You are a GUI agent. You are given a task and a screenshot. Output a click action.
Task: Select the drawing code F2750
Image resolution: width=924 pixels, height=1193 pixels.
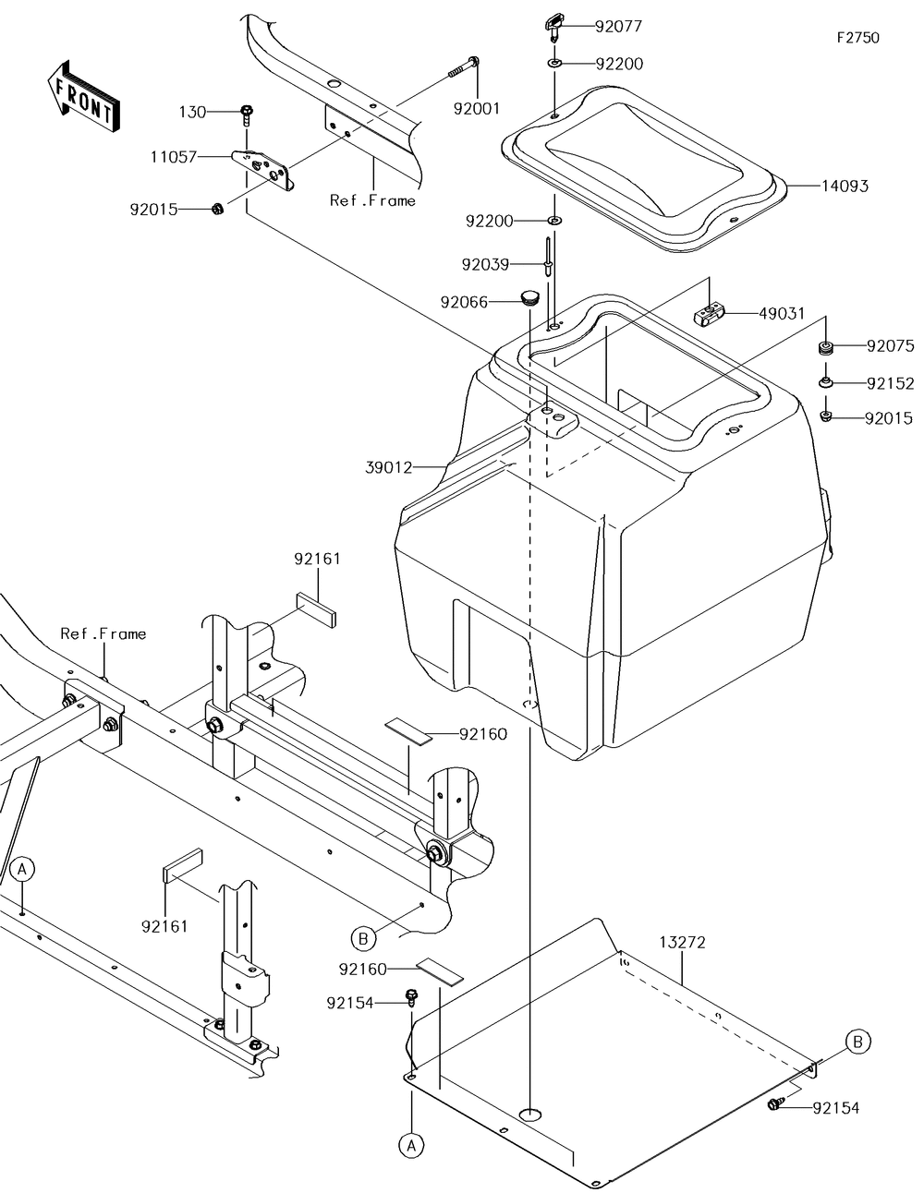[x=857, y=38]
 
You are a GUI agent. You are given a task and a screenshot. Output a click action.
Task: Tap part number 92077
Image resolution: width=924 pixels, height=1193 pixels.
[x=618, y=27]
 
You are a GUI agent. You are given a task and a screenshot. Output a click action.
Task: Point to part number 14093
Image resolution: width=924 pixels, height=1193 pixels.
[x=845, y=186]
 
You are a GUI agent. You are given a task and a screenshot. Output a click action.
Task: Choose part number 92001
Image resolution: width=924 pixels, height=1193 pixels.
[x=476, y=108]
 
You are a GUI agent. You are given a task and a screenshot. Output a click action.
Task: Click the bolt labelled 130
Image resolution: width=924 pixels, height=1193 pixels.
[x=247, y=114]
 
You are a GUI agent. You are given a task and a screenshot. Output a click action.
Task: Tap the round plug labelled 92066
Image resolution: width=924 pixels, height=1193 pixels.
[x=529, y=298]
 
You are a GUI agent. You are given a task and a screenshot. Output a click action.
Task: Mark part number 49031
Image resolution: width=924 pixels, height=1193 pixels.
[x=782, y=314]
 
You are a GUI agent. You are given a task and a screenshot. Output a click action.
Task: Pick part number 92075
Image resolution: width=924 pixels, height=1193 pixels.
[x=891, y=346]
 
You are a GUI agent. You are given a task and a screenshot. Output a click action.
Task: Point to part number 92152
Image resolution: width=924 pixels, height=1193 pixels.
[x=891, y=382]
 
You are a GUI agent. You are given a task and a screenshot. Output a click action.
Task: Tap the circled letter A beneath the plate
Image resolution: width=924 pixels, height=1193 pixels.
[x=411, y=1145]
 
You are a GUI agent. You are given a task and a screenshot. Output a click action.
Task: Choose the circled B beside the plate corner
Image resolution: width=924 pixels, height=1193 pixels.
[x=857, y=1042]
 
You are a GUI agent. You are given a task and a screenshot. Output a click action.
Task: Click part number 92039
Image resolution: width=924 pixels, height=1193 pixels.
[x=486, y=264]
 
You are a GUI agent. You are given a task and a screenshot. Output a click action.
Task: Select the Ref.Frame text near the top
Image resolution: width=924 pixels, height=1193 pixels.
[x=372, y=199]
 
